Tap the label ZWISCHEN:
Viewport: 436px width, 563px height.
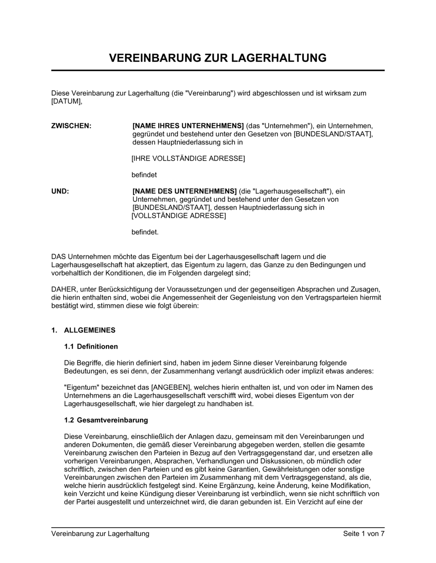click(x=72, y=126)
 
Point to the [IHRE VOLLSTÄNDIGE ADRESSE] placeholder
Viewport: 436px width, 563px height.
click(x=188, y=158)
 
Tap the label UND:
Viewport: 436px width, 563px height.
click(x=60, y=191)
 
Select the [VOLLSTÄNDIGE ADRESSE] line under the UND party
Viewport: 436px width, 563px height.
click(x=179, y=216)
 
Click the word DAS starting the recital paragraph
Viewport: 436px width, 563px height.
click(x=58, y=257)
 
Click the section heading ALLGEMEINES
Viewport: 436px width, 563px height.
click(x=90, y=330)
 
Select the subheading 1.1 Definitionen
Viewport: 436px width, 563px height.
click(x=91, y=347)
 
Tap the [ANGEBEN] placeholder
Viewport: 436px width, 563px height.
click(x=171, y=387)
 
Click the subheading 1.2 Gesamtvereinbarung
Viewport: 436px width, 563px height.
click(x=106, y=420)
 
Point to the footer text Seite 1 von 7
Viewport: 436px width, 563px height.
click(x=364, y=533)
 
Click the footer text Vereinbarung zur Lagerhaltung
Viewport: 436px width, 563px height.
click(x=100, y=533)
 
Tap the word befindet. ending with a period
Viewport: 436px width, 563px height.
click(x=145, y=232)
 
